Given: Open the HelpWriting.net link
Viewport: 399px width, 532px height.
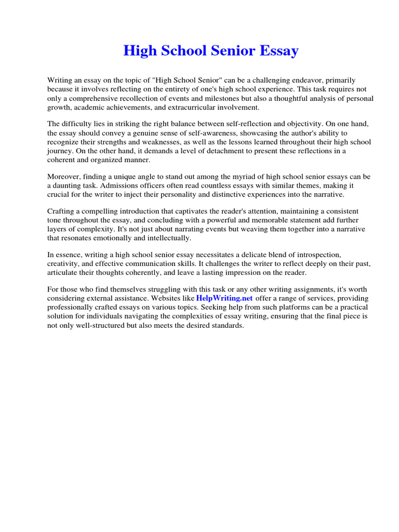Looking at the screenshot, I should coord(224,298).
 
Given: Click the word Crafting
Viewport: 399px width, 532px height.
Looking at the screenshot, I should coord(61,211).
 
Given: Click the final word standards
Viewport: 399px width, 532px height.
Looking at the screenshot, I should coord(225,326).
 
